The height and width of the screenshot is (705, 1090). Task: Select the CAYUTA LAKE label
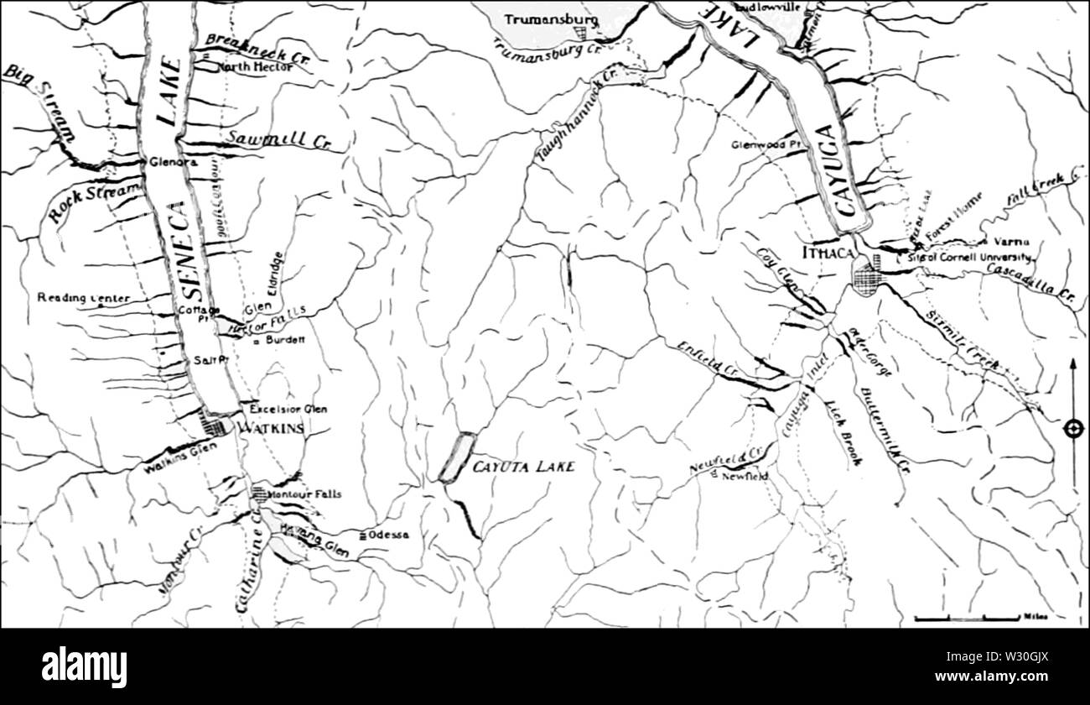[x=523, y=467]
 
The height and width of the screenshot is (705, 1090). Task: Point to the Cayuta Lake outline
[x=457, y=457]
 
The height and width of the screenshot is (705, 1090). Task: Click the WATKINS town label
[x=270, y=429]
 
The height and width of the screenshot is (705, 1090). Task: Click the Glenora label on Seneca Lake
[x=172, y=162]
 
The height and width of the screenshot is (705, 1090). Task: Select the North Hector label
[x=255, y=66]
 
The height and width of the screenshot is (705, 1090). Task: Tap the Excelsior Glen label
[x=288, y=409]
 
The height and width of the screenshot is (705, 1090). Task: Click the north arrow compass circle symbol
[x=1072, y=429]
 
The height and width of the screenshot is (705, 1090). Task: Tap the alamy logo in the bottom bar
[x=84, y=667]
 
